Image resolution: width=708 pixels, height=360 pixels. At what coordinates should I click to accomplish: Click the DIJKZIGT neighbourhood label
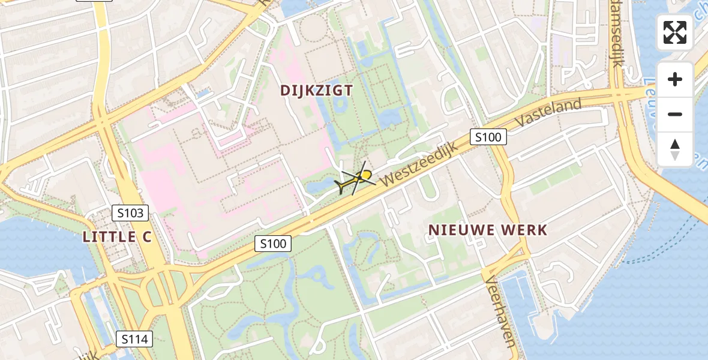tap(316, 91)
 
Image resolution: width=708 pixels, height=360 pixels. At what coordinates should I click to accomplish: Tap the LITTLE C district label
tap(117, 237)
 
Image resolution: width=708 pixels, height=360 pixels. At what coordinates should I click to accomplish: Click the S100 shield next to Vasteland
tap(488, 137)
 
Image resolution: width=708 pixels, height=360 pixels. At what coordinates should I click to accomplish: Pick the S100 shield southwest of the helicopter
tap(272, 244)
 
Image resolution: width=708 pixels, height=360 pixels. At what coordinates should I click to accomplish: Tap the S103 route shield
tap(130, 212)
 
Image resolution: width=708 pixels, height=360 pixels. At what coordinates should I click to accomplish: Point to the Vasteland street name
tap(551, 112)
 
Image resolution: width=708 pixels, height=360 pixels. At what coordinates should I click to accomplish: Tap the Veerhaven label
tap(499, 311)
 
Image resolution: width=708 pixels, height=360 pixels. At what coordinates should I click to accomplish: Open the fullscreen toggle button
tap(674, 32)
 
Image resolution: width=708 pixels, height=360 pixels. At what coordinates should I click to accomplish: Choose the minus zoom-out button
tap(675, 114)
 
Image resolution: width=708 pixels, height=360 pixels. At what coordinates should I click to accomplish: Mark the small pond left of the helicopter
tap(318, 187)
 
